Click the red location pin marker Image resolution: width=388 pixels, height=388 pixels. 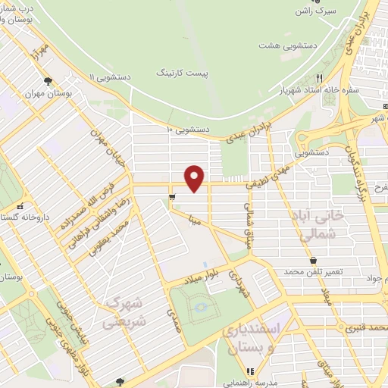pos(196,177)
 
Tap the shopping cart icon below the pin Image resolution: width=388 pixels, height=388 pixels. pos(173,199)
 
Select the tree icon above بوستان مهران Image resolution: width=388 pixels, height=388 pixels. pos(48,80)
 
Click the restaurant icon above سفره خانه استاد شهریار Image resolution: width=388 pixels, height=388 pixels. pos(320,78)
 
